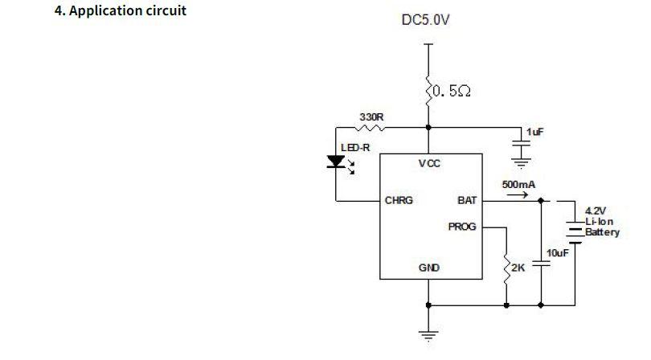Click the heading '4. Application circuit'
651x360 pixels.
(x=120, y=12)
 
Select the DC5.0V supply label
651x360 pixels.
(x=425, y=19)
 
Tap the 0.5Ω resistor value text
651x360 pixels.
(x=451, y=92)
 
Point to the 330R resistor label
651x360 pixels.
(x=371, y=117)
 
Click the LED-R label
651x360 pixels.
(x=355, y=148)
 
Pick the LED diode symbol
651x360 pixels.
(x=337, y=162)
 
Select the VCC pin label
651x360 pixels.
(x=429, y=164)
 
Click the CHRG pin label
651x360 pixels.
(x=399, y=200)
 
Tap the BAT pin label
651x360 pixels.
(x=467, y=200)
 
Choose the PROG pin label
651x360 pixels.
(x=462, y=227)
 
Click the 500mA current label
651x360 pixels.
(x=518, y=185)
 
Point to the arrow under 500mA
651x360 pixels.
(x=518, y=194)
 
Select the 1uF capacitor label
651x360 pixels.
(x=535, y=132)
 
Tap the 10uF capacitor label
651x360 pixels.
(x=558, y=253)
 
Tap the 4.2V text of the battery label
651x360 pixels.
(x=595, y=211)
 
